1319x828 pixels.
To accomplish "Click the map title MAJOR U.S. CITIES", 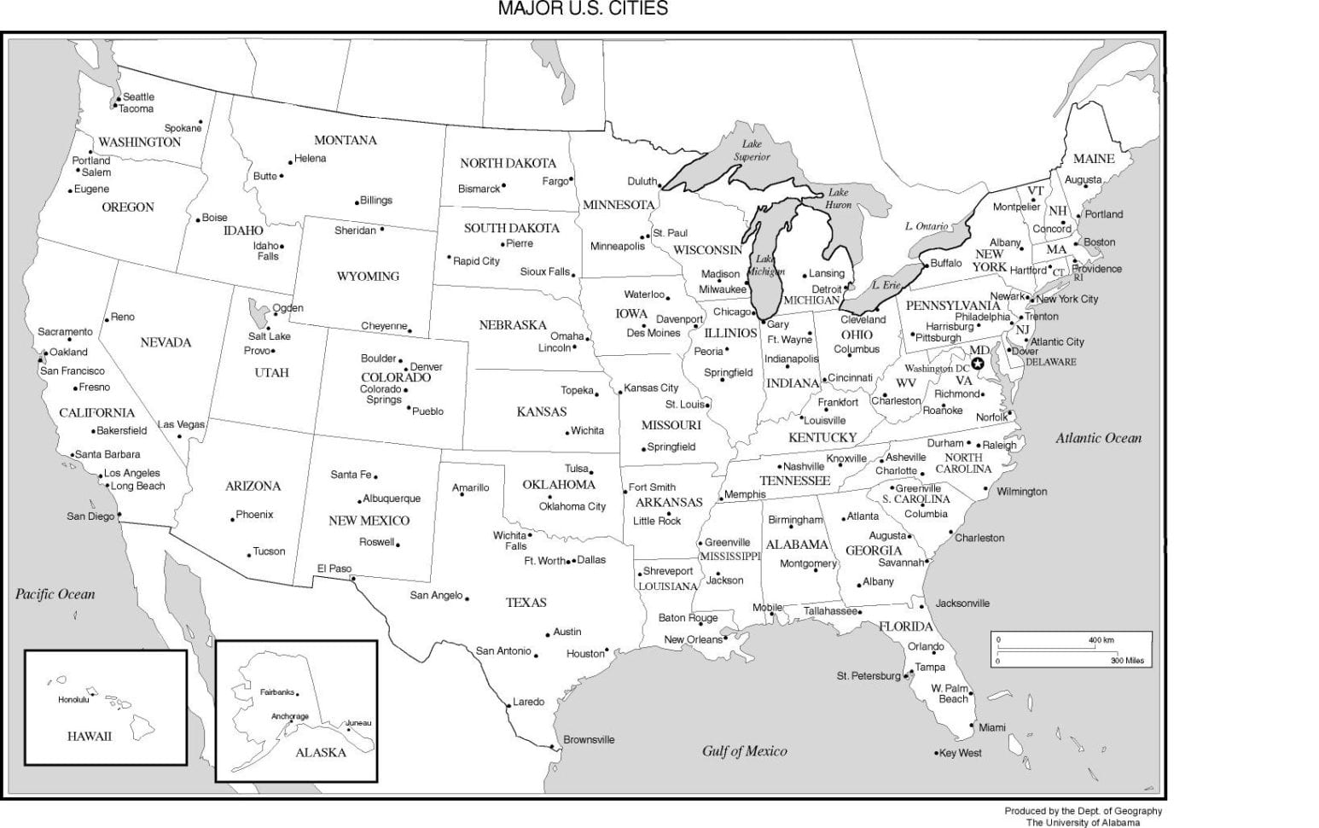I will point(583,9).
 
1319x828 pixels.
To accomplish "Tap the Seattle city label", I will point(138,96).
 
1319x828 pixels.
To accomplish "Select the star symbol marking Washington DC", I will point(978,364).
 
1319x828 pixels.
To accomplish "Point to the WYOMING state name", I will point(368,277).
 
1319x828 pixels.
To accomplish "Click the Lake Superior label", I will point(752,150).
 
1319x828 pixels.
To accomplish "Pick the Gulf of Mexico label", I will point(744,751).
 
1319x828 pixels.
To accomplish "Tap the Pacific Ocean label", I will point(55,594).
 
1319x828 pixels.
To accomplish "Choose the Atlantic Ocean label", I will point(1098,438).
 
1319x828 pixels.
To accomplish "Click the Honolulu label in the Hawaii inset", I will point(73,700).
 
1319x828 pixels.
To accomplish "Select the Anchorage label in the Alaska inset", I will point(290,716).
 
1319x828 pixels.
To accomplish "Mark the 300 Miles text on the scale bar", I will point(1127,661).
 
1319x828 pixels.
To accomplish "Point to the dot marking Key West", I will point(936,754).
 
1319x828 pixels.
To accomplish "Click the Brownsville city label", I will point(589,740).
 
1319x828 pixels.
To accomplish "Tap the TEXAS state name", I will point(526,603).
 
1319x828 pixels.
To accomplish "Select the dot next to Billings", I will point(357,202).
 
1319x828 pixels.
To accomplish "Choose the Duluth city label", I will point(642,181).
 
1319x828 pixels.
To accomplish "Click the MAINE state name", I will point(1094,159).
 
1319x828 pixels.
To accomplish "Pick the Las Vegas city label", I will point(181,424).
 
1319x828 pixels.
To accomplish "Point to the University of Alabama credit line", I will point(1082,823).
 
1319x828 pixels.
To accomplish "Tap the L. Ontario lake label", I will point(927,226).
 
